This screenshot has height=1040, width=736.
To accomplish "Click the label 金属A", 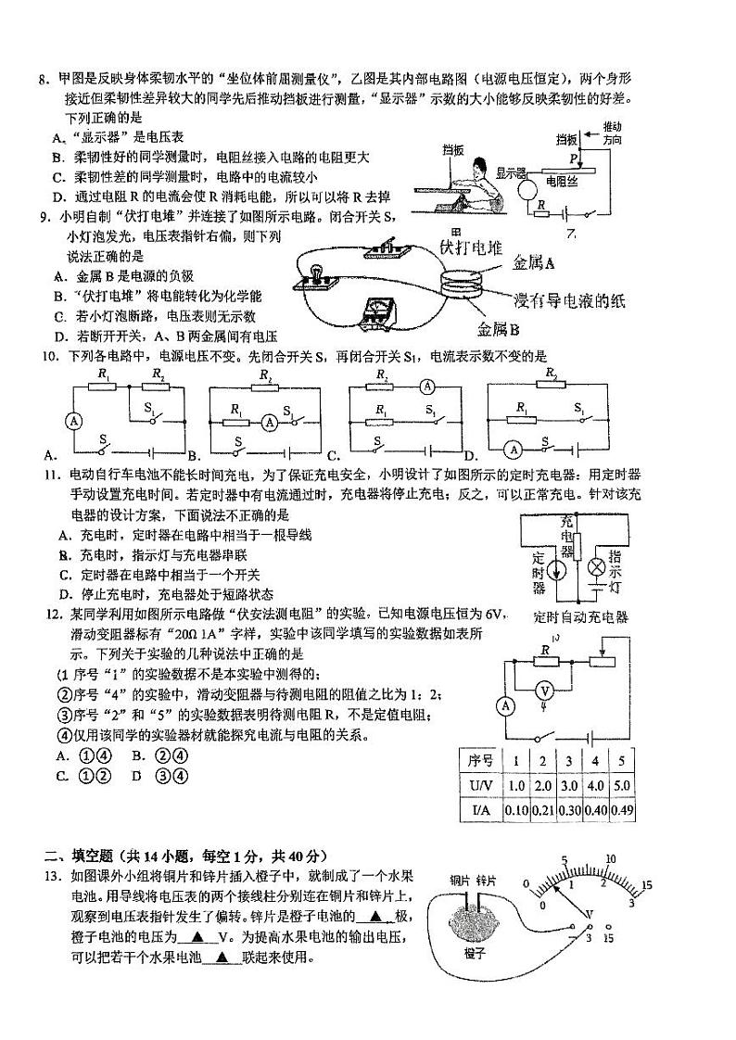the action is (534, 263).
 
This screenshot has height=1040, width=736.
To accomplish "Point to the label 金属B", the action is (498, 328).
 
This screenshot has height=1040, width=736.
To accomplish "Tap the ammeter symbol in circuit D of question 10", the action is (511, 449).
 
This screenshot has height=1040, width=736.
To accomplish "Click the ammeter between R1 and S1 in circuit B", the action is (269, 421).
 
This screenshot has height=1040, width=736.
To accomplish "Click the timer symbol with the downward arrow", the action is (558, 568).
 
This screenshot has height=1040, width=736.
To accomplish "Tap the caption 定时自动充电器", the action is (581, 617).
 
